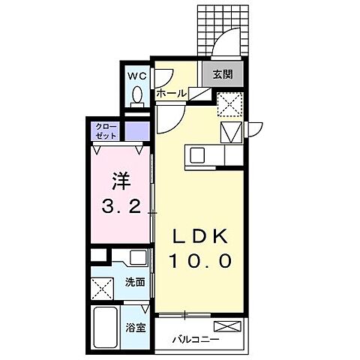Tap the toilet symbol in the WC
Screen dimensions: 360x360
point(136,95)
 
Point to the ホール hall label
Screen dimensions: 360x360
point(172,93)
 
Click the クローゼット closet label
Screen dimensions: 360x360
point(105,131)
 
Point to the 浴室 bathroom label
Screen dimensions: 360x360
point(134,327)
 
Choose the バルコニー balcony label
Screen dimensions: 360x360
point(193,340)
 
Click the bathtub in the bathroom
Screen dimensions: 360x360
point(105,326)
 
